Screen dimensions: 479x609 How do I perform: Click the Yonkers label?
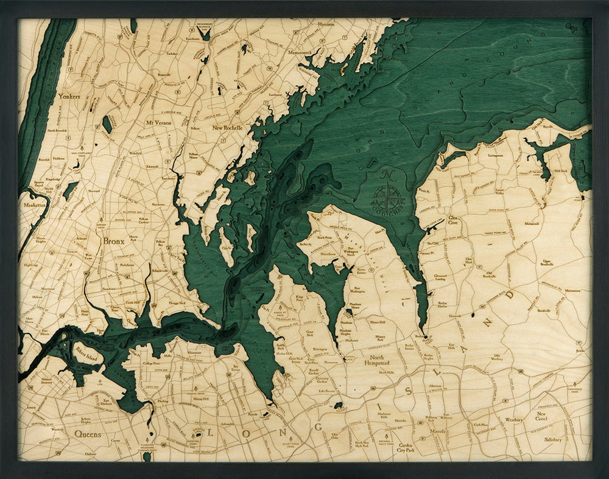point(69,96)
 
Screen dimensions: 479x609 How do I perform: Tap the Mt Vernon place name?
point(158,122)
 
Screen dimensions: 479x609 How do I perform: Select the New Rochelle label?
point(227,128)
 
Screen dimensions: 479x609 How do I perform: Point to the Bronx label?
point(113,241)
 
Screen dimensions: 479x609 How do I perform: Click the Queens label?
point(88,434)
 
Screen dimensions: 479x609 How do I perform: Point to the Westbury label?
point(514,420)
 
